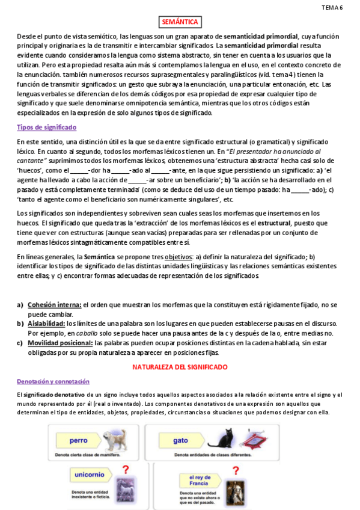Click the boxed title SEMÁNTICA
(x=180, y=22)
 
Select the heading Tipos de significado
(x=46, y=127)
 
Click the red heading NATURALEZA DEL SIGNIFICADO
(x=180, y=366)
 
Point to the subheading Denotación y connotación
(x=53, y=381)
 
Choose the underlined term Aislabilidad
(x=46, y=324)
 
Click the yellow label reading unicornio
(x=90, y=475)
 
